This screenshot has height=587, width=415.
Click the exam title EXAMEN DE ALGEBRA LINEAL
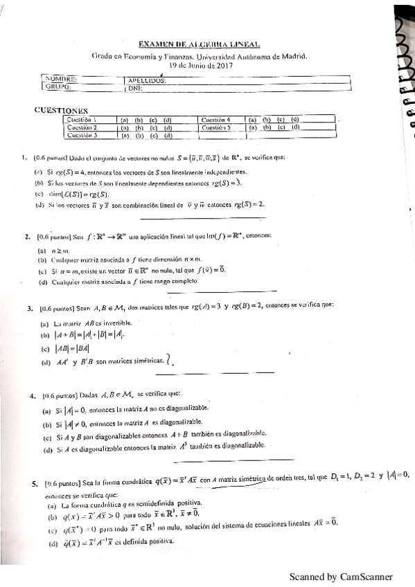click(x=199, y=43)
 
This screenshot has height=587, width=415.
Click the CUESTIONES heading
click(x=62, y=110)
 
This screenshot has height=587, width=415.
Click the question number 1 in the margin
click(x=25, y=159)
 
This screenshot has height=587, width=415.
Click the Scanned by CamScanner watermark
click(x=341, y=577)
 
